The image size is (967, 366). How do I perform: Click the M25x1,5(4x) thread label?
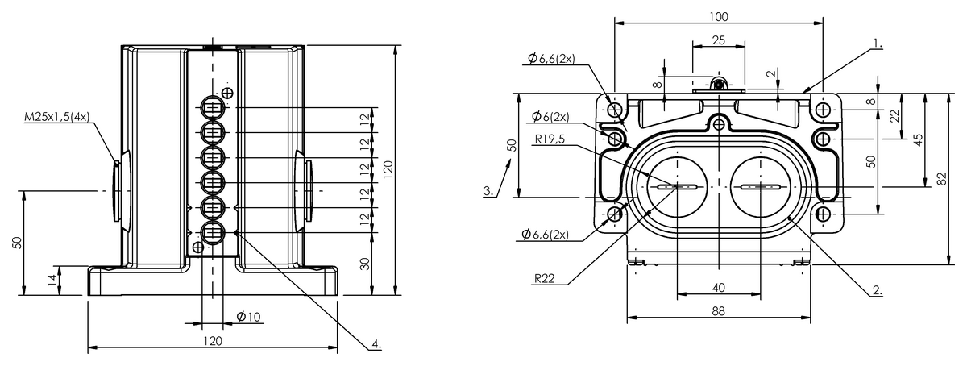[x=56, y=117]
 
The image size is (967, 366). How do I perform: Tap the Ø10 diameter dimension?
[x=249, y=317]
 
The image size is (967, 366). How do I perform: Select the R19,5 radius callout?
[x=550, y=139]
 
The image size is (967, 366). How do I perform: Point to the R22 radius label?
[x=545, y=278]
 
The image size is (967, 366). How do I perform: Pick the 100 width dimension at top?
[x=719, y=17]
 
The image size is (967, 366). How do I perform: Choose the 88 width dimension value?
[x=718, y=311]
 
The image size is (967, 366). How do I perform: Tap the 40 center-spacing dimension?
[x=718, y=288]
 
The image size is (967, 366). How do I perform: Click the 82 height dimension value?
[x=942, y=178]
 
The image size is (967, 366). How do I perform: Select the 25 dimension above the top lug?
[x=718, y=40]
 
